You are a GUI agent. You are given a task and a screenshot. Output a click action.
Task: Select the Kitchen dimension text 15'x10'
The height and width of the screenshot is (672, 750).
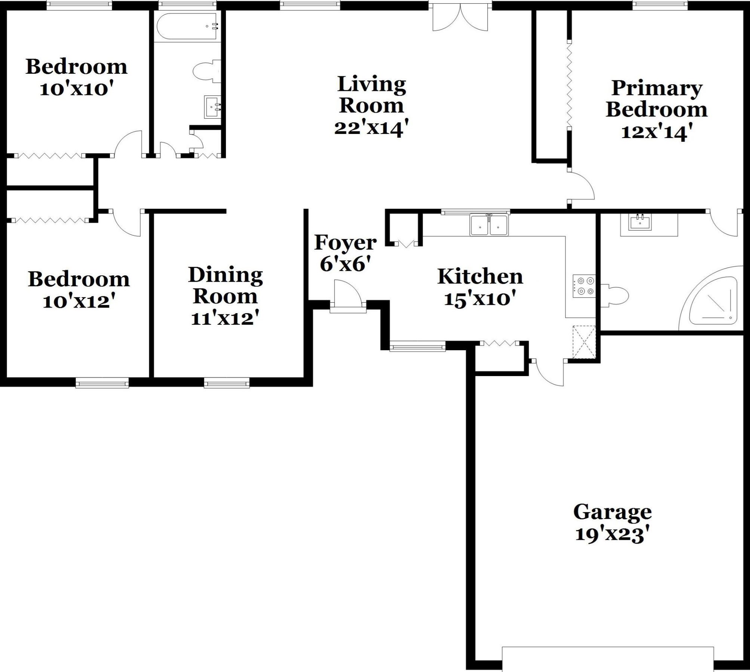click(480, 299)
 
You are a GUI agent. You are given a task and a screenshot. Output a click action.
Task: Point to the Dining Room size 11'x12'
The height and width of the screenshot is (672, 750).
click(225, 318)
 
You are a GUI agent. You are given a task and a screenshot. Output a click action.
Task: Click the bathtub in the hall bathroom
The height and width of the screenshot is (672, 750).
click(187, 27)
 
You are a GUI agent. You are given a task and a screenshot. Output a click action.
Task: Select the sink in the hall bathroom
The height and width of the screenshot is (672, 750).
click(212, 107)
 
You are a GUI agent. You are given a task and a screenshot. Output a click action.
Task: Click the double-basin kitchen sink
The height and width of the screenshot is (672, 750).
click(489, 224)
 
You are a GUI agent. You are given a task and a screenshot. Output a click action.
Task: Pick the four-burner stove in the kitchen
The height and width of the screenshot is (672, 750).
click(584, 286)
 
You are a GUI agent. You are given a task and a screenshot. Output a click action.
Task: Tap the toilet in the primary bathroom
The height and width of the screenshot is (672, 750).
click(615, 296)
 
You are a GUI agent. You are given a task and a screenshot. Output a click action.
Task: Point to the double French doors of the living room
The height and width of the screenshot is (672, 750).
click(460, 17)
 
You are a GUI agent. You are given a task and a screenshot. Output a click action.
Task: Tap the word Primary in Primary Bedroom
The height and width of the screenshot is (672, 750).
click(657, 89)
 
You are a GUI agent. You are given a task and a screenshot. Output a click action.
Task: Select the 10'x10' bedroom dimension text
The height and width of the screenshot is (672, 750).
click(76, 89)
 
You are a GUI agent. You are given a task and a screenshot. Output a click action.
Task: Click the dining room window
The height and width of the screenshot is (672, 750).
click(227, 382)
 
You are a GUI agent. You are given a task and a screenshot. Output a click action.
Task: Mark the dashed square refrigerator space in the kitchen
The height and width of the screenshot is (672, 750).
click(584, 342)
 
